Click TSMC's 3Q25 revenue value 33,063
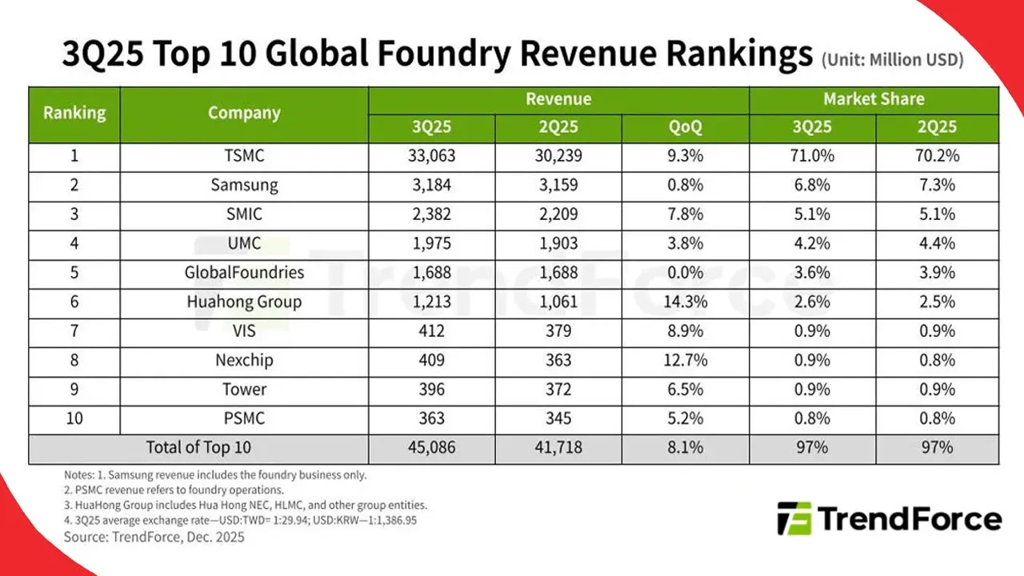[x=432, y=156]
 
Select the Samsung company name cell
[x=244, y=185]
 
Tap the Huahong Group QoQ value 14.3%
[x=685, y=302]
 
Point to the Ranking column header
[x=74, y=113]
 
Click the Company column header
[x=244, y=113]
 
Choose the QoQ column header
[x=685, y=127]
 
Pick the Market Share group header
[x=874, y=99]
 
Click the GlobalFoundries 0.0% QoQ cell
[x=685, y=273]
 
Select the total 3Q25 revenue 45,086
[x=432, y=448]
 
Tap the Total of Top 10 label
[x=198, y=448]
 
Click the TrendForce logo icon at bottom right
[x=794, y=519]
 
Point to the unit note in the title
[x=892, y=60]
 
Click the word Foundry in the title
[x=430, y=54]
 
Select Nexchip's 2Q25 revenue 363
[x=558, y=360]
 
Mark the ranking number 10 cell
[x=74, y=418]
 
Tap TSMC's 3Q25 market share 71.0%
[x=812, y=156]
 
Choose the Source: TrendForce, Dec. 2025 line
[x=154, y=537]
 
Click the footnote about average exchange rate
[x=240, y=520]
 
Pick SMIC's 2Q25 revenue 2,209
[x=558, y=214]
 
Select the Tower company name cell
[x=244, y=390]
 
